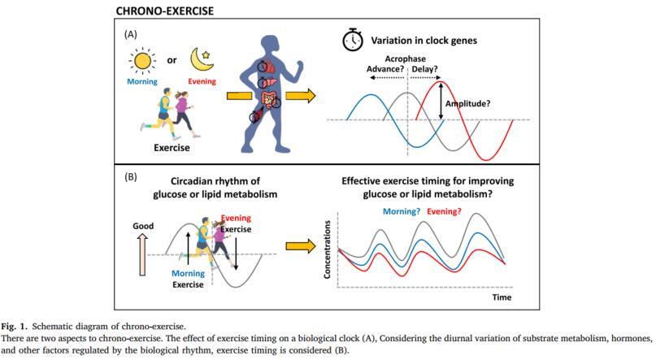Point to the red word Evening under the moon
coord(201,82)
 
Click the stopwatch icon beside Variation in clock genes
coord(351,41)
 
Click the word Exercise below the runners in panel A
coord(172,148)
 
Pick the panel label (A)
coord(131,35)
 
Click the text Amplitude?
coord(469,103)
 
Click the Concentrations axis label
coord(328,250)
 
